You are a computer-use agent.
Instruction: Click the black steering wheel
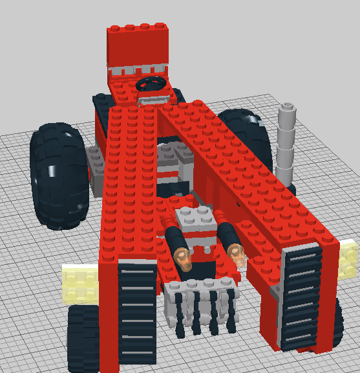[153, 84]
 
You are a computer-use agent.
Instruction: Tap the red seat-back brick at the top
[137, 45]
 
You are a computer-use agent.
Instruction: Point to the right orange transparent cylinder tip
[237, 254]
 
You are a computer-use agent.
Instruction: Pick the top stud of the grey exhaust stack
[288, 106]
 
